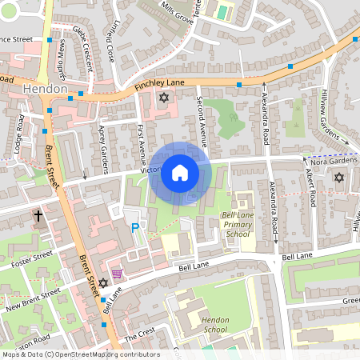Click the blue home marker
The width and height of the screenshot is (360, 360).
coord(180,173)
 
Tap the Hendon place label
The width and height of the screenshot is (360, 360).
coord(45,88)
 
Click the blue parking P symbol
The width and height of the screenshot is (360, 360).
coord(135,229)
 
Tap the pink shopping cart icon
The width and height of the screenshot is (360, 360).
coord(118,274)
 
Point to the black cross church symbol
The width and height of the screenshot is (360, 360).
coord(38,216)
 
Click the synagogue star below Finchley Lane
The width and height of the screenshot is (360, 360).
coord(164,98)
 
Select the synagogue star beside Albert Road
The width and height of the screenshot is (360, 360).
coord(338,177)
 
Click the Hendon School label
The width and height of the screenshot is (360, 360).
coord(216,324)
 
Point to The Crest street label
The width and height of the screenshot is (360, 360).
coord(141,334)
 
